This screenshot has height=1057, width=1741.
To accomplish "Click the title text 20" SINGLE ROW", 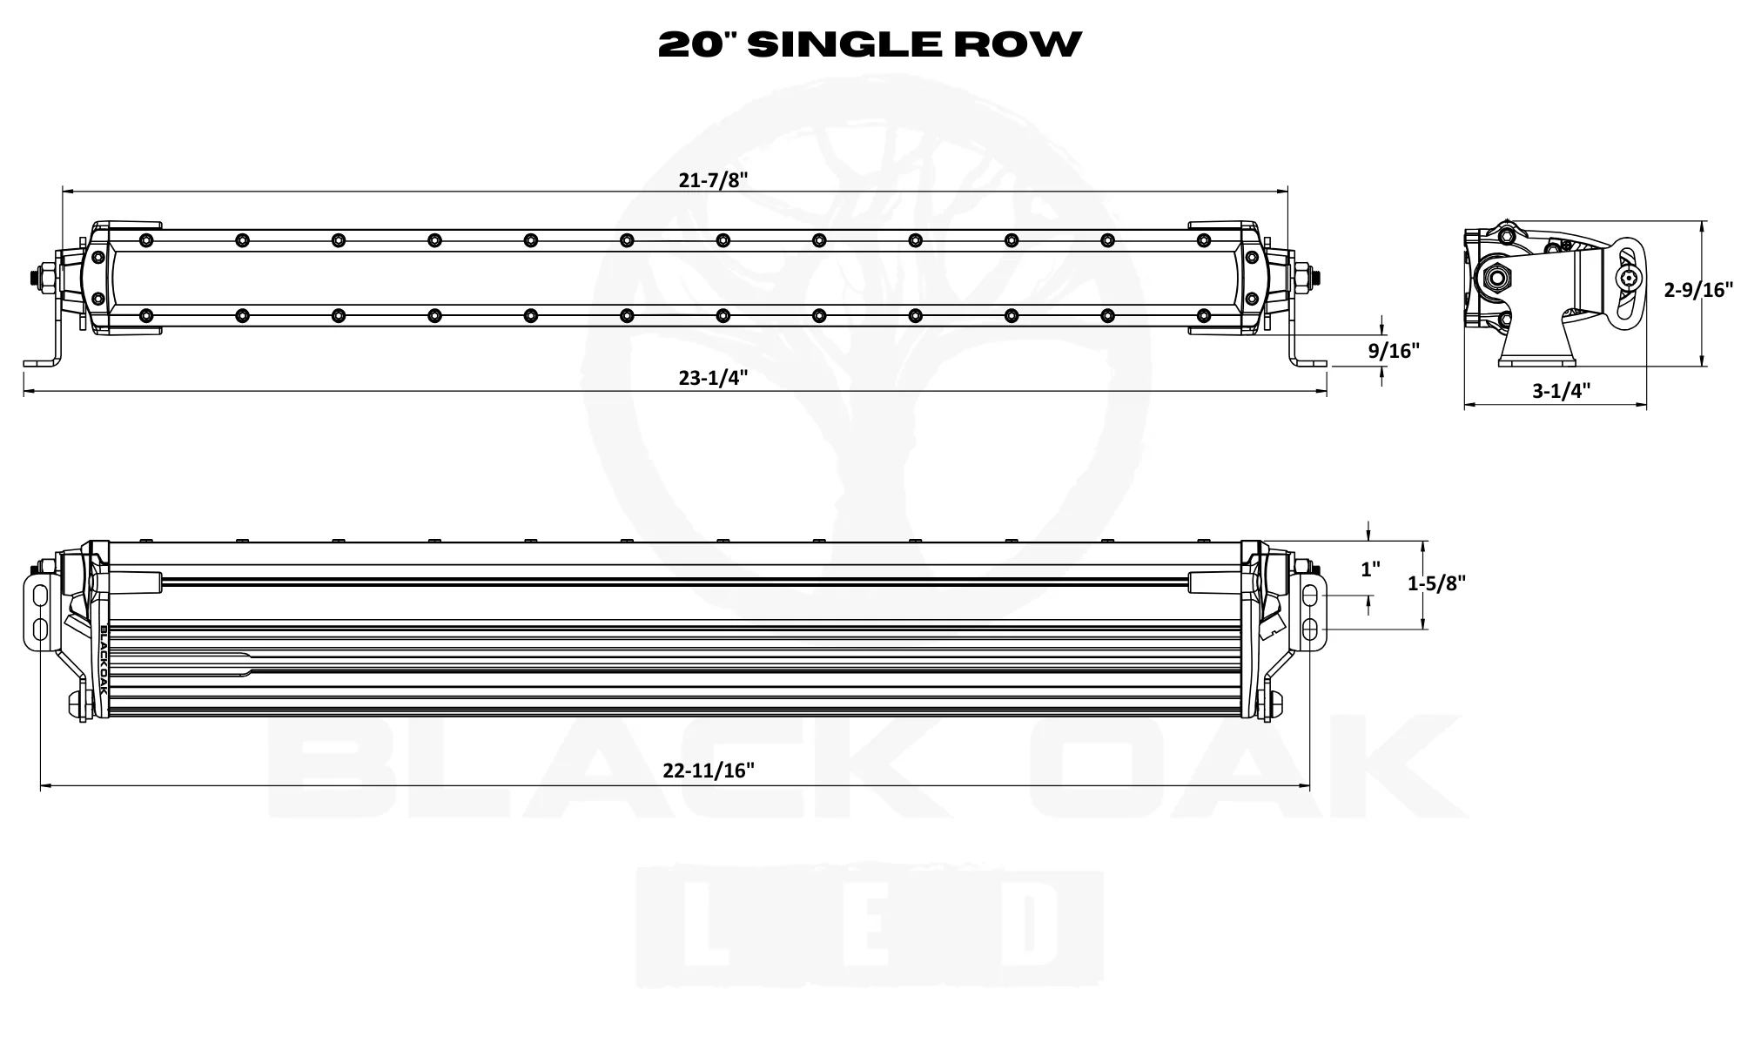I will [870, 44].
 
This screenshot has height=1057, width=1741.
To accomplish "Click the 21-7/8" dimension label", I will [713, 180].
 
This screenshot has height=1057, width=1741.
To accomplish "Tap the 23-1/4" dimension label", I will [713, 378].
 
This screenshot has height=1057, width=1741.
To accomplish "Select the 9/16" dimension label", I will [1394, 351].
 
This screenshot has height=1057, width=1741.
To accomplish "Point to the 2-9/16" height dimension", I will [1698, 290].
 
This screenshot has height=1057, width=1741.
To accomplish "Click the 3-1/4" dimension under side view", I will [1561, 391].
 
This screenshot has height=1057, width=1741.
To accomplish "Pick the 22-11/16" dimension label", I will [708, 771].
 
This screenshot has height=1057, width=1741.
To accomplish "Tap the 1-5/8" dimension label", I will [1436, 583].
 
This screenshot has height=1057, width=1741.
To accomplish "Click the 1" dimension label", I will [1370, 569].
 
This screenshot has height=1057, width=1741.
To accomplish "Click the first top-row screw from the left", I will [145, 239].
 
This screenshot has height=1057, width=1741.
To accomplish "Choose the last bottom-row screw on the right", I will [1203, 314].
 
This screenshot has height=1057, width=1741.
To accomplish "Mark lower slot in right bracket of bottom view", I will [1309, 629].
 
